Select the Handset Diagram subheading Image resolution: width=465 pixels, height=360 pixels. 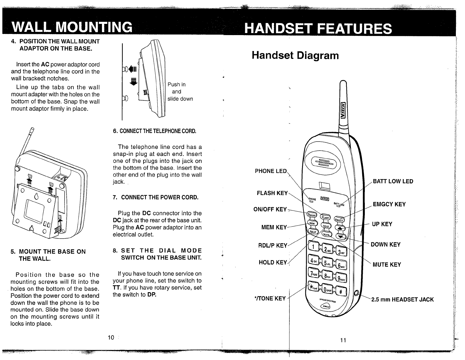click(295, 55)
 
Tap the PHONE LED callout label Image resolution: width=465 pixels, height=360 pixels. click(271, 171)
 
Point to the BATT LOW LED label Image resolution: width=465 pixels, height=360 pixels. click(393, 181)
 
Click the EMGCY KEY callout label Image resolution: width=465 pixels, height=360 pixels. click(389, 204)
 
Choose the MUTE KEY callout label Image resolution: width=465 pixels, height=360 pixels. click(387, 264)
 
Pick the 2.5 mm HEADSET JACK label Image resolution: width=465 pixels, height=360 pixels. click(402, 300)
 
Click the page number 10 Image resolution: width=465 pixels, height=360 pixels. click(111, 338)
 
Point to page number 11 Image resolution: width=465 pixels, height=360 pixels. click(342, 340)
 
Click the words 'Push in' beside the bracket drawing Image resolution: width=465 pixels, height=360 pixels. click(177, 85)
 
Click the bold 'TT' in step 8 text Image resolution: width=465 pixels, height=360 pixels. click(116, 288)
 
